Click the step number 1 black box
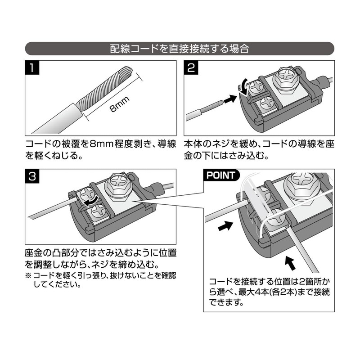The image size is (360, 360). tap(31, 68)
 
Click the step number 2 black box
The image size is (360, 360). tap(191, 68)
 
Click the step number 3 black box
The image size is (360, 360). tap(31, 177)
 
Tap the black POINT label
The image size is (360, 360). tap(220, 175)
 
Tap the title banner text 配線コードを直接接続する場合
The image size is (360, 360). tap(180, 49)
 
